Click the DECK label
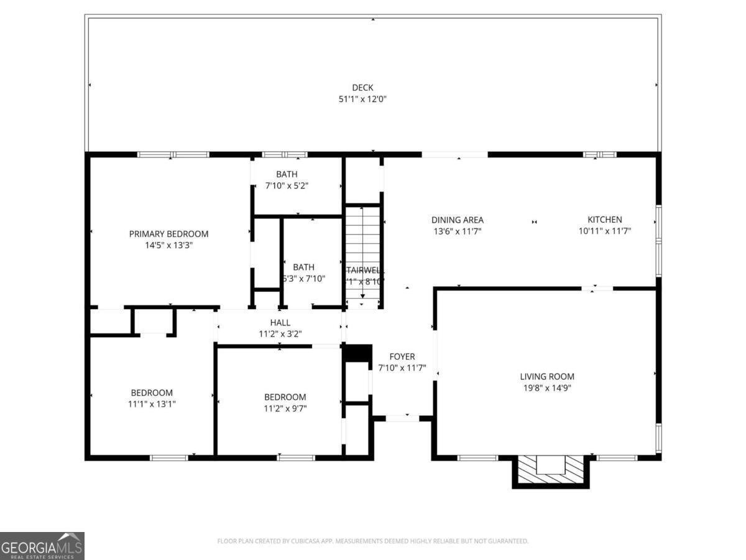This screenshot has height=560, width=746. point(362,88)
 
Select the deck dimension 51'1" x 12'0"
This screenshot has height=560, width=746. point(362,99)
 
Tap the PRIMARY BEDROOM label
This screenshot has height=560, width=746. point(168,234)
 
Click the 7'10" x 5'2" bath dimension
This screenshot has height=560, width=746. point(287,185)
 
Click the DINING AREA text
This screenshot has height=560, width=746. point(458,220)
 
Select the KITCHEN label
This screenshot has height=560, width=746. point(605,220)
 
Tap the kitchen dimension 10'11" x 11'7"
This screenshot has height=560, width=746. point(605,231)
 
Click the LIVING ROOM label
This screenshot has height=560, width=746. point(547,376)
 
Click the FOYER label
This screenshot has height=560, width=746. point(402,357)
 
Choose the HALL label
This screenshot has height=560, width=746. point(280,323)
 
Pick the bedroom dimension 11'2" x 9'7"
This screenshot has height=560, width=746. point(285,408)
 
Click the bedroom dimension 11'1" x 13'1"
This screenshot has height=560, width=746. point(152,404)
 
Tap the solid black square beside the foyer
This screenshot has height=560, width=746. point(357,352)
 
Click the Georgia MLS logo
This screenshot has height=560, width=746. point(42,546)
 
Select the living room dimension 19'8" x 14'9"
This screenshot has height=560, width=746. point(547,388)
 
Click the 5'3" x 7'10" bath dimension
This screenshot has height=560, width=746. point(303,279)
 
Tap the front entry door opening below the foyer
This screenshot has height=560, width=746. point(402,418)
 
